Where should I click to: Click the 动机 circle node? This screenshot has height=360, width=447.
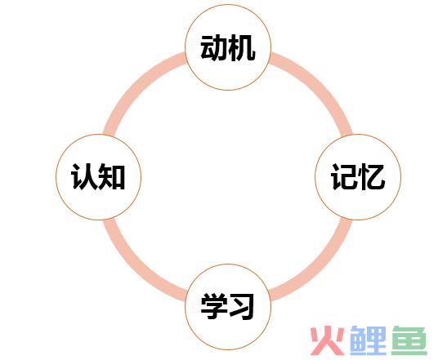coord(228,47)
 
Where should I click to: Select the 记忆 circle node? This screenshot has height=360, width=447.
coord(358,177)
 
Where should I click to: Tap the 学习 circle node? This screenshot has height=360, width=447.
coord(228,307)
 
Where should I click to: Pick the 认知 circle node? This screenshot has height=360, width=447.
coord(98,177)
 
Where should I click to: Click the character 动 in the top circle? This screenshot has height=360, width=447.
coord(214,47)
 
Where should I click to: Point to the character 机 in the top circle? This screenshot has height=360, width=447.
coord(241,47)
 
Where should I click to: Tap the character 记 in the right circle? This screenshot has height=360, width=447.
coord(343,177)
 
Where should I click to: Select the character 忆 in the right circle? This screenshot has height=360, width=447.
coord(372,177)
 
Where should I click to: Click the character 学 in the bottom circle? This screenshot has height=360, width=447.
coord(214,306)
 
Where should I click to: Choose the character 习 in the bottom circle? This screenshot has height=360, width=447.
coord(241,306)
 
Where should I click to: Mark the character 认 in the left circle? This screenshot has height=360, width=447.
coord(84,177)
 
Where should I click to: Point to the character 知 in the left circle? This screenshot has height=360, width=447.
coord(111,177)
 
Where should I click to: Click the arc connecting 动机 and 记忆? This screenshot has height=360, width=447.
coord(320,86)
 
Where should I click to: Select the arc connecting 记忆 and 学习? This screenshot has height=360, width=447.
coord(320,269)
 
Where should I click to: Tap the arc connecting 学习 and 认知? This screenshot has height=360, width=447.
coord(136,269)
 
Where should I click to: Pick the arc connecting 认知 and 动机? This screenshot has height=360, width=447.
coord(136,86)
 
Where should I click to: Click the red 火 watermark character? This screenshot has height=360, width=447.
coord(327,340)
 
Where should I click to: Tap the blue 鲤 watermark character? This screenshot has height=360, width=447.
coord(368,340)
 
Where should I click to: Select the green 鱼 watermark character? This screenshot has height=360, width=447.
coord(409,340)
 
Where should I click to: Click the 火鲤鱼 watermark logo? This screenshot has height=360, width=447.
coord(369,340)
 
